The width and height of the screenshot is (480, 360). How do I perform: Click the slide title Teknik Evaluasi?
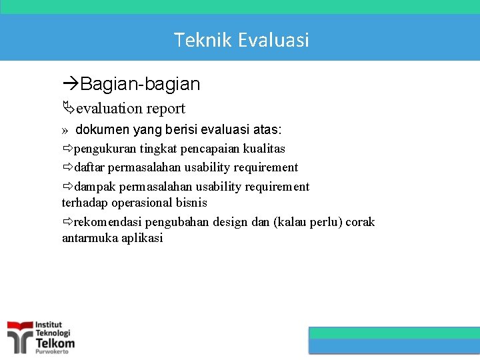[241, 40]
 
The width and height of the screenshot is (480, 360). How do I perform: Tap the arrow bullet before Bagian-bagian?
[71, 84]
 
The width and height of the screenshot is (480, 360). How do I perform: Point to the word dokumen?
[103, 130]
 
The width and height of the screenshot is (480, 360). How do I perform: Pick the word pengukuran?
[105, 149]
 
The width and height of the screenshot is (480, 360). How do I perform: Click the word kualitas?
[264, 149]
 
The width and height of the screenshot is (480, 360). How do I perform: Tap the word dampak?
[95, 187]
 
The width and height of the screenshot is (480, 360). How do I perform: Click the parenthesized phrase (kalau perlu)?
[307, 222]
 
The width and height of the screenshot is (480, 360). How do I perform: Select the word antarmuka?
[89, 238]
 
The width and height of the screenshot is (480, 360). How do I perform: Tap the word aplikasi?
[142, 238]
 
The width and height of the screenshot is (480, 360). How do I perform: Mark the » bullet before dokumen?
[65, 131]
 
